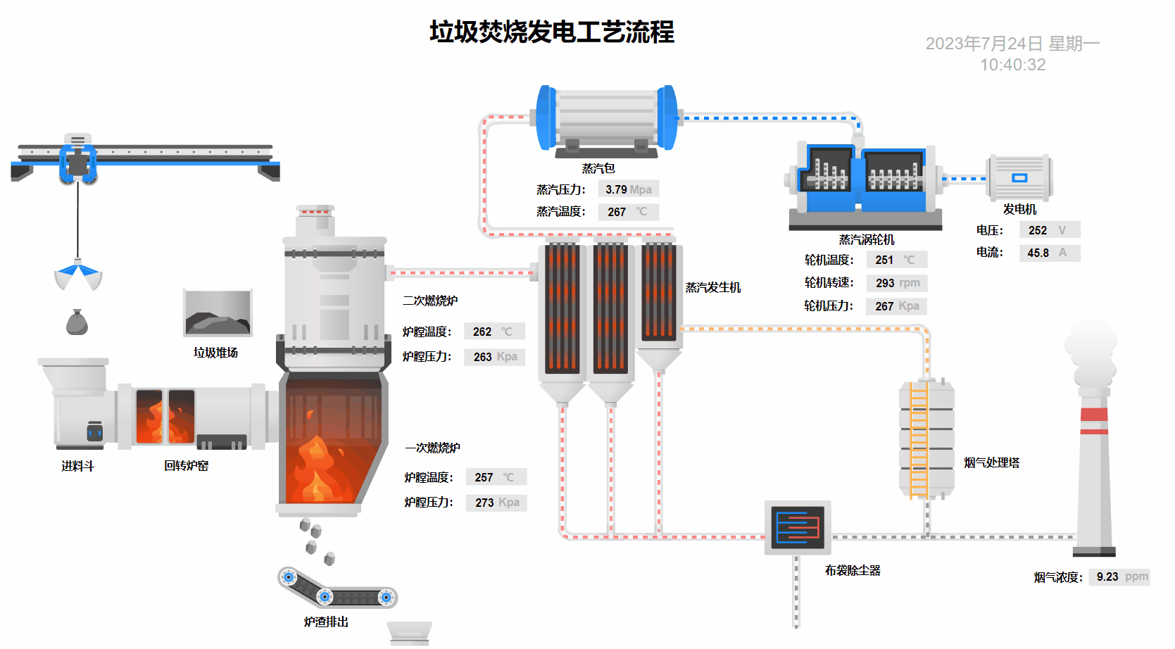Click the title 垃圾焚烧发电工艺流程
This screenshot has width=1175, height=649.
(552, 32)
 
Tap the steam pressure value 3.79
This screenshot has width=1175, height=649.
(616, 189)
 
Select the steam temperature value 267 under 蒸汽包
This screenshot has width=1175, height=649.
(617, 212)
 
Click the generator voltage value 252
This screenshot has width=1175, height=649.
(1037, 230)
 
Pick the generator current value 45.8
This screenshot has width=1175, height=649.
(1038, 253)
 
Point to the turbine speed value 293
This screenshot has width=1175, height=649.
(885, 283)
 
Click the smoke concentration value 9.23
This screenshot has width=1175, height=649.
(1107, 577)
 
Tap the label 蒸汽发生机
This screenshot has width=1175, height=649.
(713, 287)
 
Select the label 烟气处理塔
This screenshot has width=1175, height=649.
(991, 462)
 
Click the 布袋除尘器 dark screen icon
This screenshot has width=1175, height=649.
(798, 527)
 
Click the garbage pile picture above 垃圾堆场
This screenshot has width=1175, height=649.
(218, 313)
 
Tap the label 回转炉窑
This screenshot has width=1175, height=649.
(186, 466)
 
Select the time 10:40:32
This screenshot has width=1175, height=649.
(1012, 65)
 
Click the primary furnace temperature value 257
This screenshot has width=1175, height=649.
(484, 477)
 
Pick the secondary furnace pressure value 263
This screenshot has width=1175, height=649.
(482, 357)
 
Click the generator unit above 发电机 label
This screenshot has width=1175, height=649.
(1019, 177)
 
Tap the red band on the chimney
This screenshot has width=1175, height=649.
(1094, 415)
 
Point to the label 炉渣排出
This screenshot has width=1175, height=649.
(326, 622)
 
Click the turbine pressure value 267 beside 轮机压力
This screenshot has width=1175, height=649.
(884, 306)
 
